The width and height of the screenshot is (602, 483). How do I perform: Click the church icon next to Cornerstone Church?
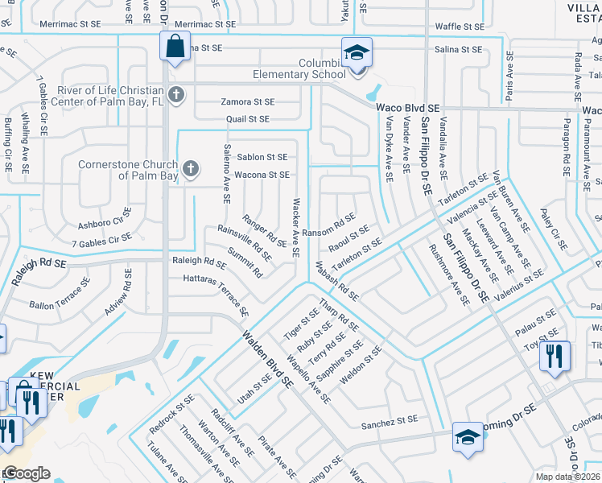[190, 168]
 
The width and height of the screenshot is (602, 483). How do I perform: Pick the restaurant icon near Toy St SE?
[555, 356]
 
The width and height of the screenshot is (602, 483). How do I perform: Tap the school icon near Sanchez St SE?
[468, 438]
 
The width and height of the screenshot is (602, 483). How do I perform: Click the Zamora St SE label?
[248, 102]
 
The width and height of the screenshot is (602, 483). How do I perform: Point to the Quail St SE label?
[248, 119]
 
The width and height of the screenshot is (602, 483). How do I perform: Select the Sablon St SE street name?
[262, 158]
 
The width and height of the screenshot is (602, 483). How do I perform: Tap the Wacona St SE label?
[262, 175]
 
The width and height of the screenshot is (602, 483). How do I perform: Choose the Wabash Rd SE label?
[336, 279]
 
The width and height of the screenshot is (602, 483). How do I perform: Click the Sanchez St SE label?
[390, 420]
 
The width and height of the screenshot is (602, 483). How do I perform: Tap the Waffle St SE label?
[460, 27]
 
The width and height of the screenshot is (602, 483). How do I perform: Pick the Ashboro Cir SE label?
[105, 216]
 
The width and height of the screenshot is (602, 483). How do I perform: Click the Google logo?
[26, 473]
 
